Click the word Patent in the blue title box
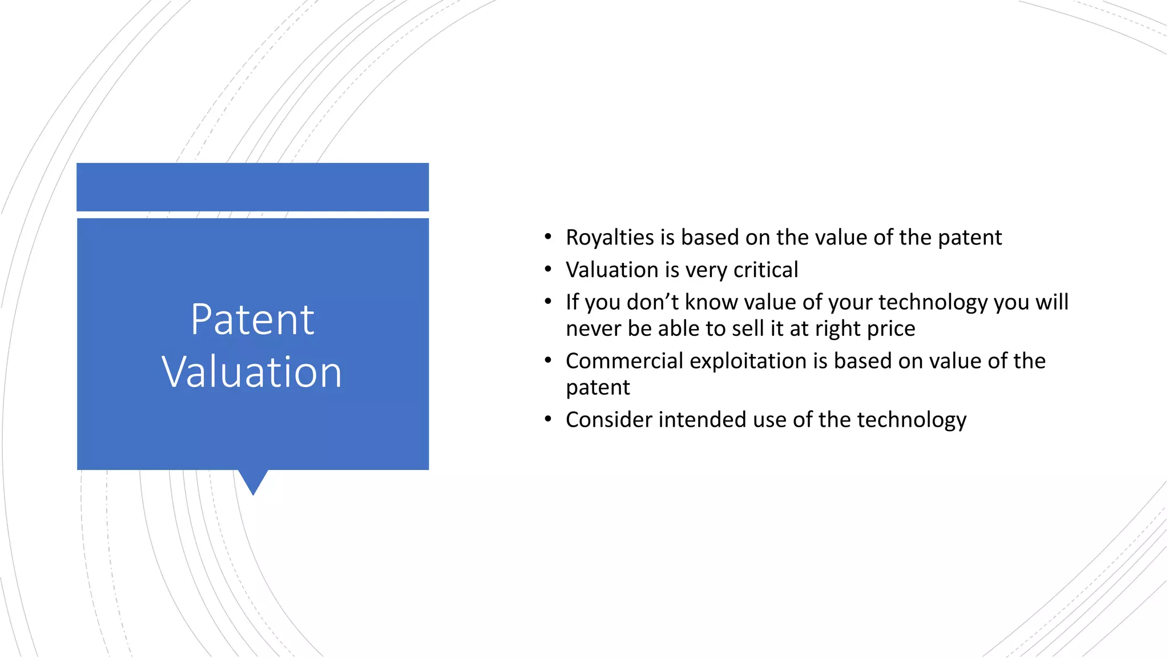pyautogui.click(x=252, y=319)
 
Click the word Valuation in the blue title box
pyautogui.click(x=252, y=372)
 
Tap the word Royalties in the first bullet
pyautogui.click(x=610, y=238)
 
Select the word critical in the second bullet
pyautogui.click(x=765, y=270)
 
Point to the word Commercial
pyautogui.click(x=624, y=361)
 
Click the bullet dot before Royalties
pyautogui.click(x=548, y=236)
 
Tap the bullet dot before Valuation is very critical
pyautogui.click(x=548, y=269)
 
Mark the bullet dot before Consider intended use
pyautogui.click(x=548, y=419)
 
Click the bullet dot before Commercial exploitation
pyautogui.click(x=548, y=360)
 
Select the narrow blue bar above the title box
pyautogui.click(x=252, y=187)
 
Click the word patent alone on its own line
pyautogui.click(x=598, y=388)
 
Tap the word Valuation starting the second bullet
pyautogui.click(x=612, y=270)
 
